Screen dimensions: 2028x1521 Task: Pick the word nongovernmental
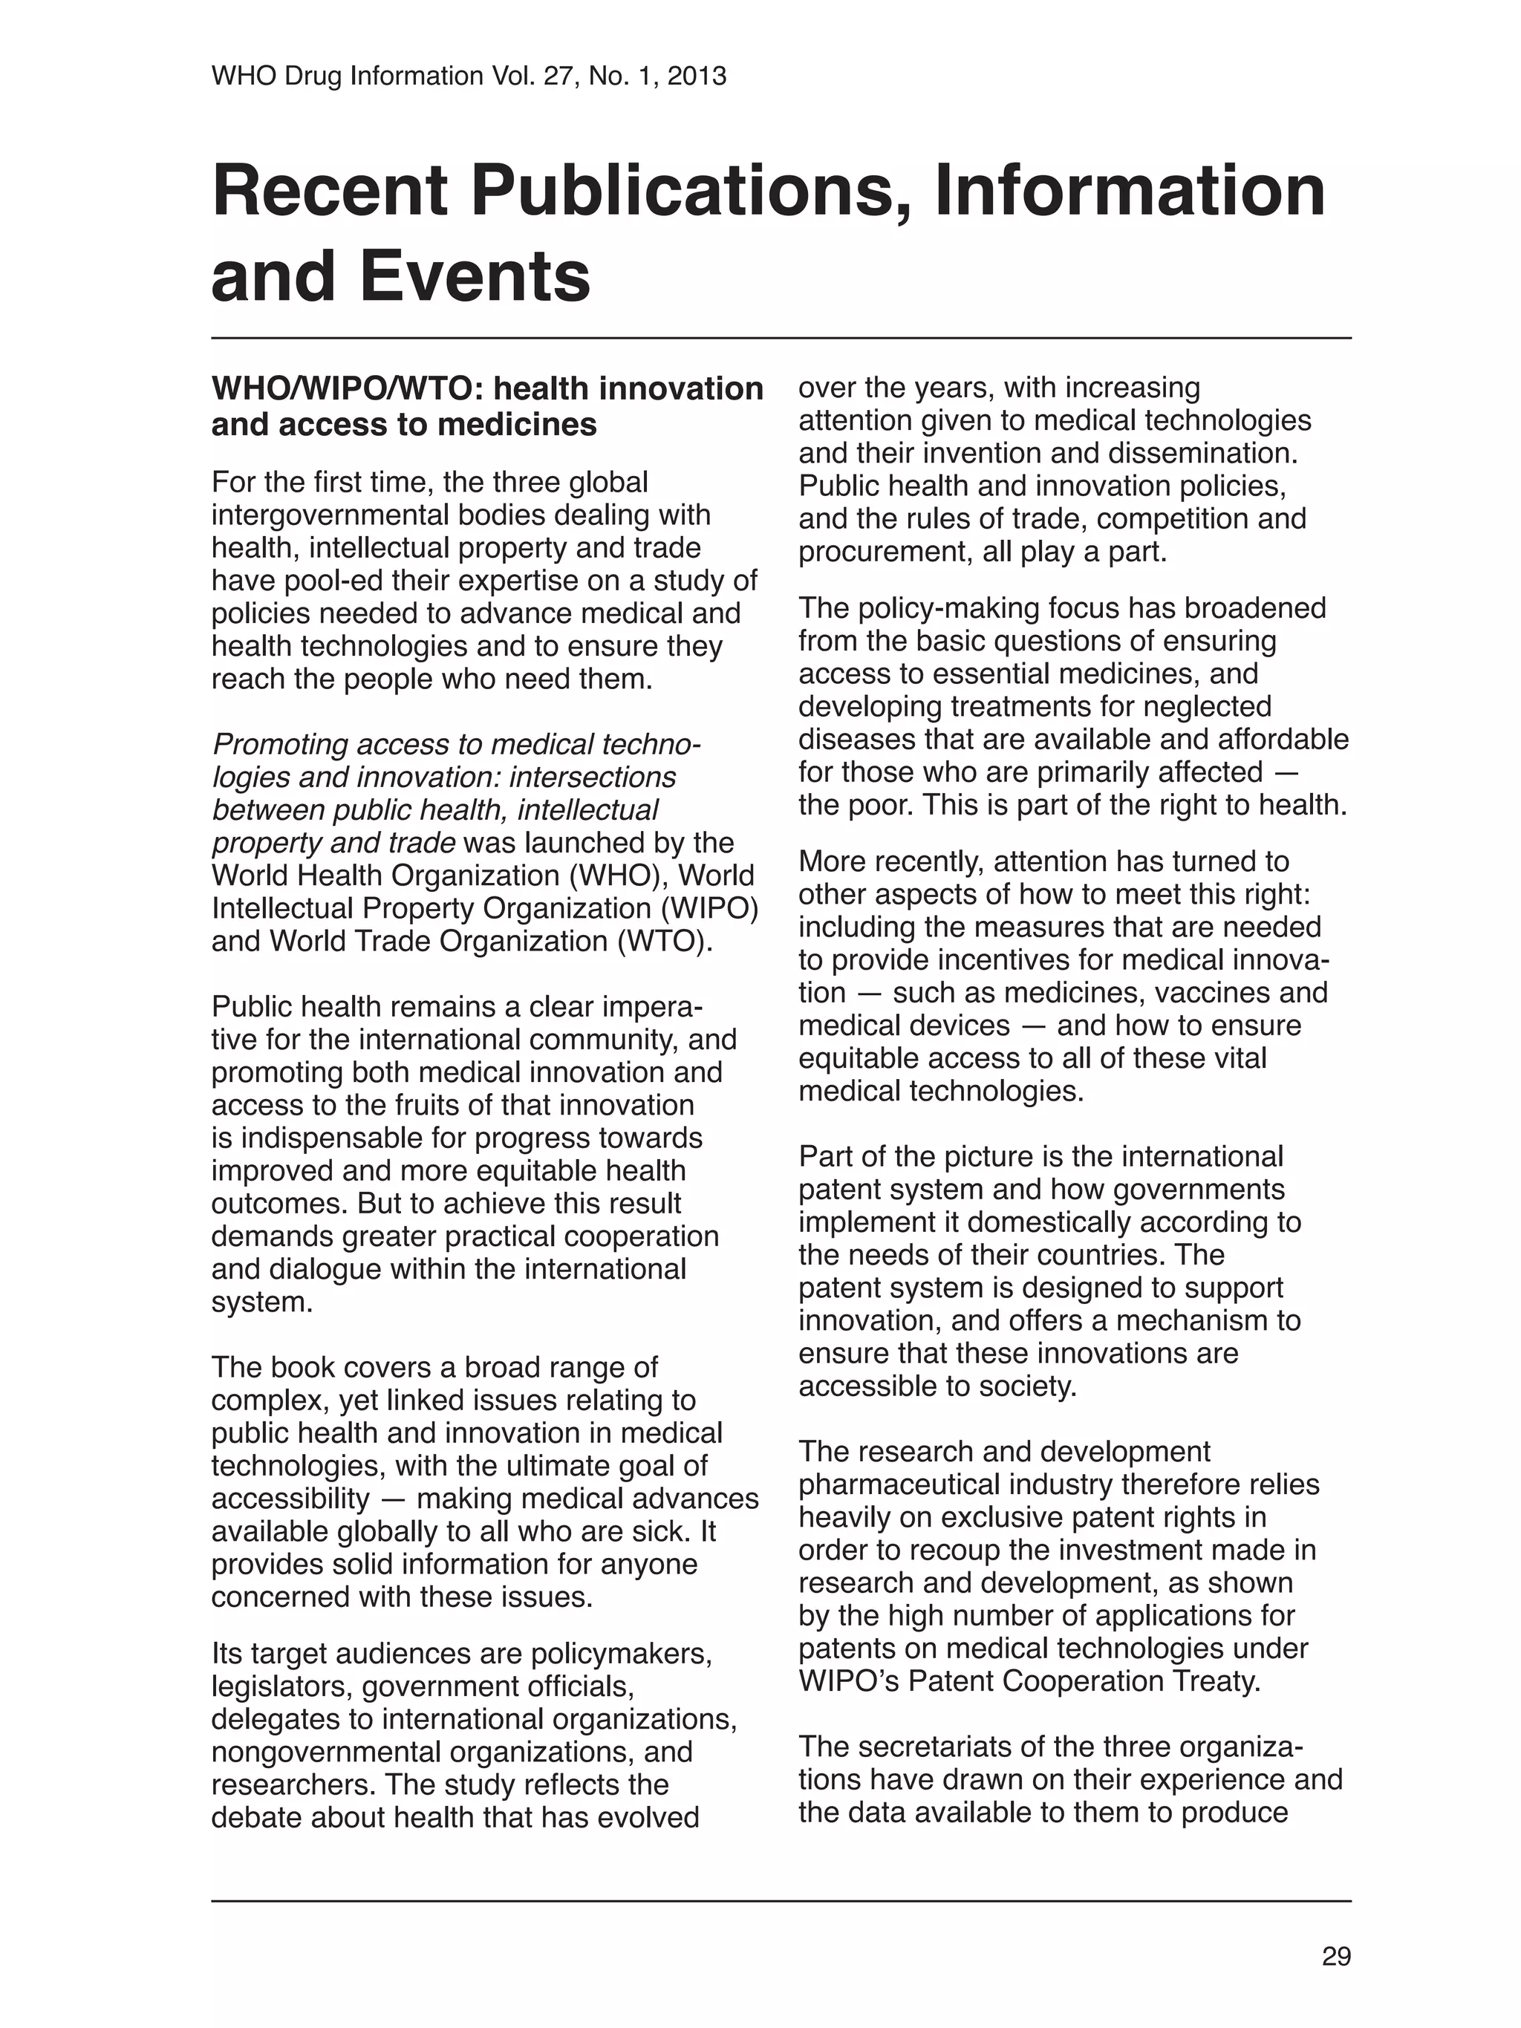pyautogui.click(x=325, y=1751)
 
